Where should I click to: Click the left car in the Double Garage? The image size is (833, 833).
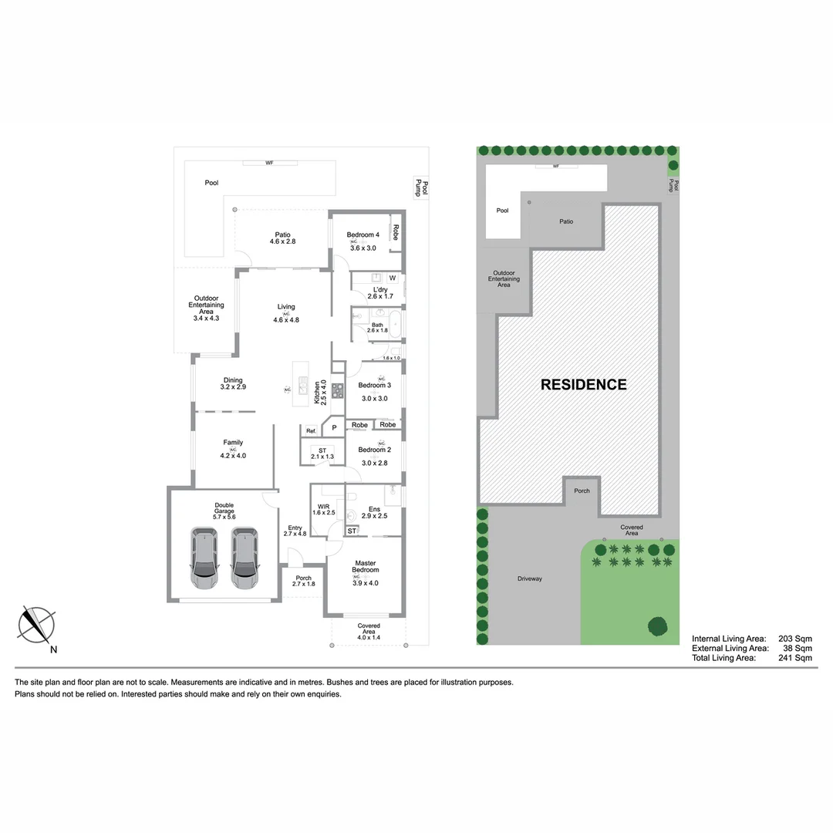click(x=204, y=558)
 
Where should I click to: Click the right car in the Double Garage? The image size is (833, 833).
click(x=245, y=558)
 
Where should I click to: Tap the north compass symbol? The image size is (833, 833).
click(x=37, y=624)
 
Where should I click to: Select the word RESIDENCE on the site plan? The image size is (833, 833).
click(x=583, y=385)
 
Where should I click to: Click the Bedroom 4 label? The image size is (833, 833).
click(x=363, y=234)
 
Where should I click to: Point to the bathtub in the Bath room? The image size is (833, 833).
click(x=394, y=323)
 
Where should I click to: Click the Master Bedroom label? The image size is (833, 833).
click(x=365, y=567)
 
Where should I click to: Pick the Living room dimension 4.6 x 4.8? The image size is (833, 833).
click(x=285, y=320)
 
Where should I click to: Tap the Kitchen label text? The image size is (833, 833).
click(x=316, y=393)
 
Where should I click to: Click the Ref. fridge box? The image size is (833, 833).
click(x=311, y=430)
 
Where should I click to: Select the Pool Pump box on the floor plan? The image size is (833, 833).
click(x=421, y=187)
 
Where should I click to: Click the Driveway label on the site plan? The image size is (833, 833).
click(x=530, y=578)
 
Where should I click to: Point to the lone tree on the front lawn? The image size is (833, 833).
click(x=658, y=626)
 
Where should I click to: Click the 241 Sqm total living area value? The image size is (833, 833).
click(x=795, y=658)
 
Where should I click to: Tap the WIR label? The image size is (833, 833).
click(x=324, y=507)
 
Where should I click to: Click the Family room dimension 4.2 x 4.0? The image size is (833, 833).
click(x=233, y=456)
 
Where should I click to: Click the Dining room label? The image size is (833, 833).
click(x=233, y=380)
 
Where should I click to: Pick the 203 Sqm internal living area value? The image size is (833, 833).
click(x=795, y=639)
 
